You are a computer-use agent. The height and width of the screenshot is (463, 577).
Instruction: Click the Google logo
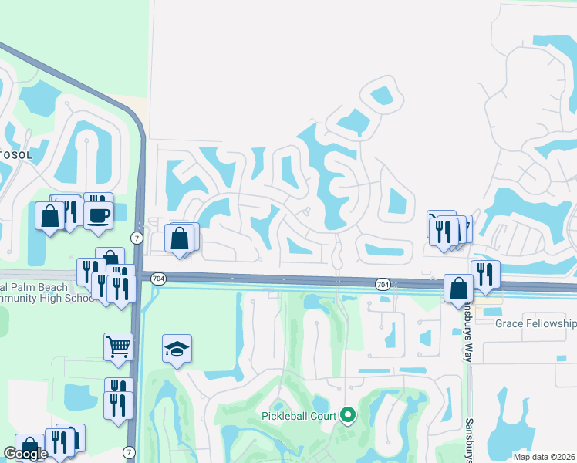coord(25,454)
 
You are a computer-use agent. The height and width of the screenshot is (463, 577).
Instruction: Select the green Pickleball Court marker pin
coord(348,416)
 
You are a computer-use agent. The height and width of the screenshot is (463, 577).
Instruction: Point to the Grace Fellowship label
coord(535,323)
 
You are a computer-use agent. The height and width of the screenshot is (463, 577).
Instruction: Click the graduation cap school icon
coord(177,349)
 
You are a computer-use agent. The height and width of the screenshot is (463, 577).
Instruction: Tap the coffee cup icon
coord(99,215)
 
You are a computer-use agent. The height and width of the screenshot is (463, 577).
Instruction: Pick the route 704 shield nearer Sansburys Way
coord(383,284)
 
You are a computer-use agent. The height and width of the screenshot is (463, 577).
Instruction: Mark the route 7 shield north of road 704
coord(137,237)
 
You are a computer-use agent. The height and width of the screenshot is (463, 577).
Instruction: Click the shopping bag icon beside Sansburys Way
coord(458,289)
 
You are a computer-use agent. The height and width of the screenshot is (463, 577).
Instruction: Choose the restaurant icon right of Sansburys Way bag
coord(485,274)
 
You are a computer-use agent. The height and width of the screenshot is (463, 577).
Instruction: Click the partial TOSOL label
coord(16,155)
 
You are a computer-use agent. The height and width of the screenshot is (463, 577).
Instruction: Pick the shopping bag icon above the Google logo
coord(29,447)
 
